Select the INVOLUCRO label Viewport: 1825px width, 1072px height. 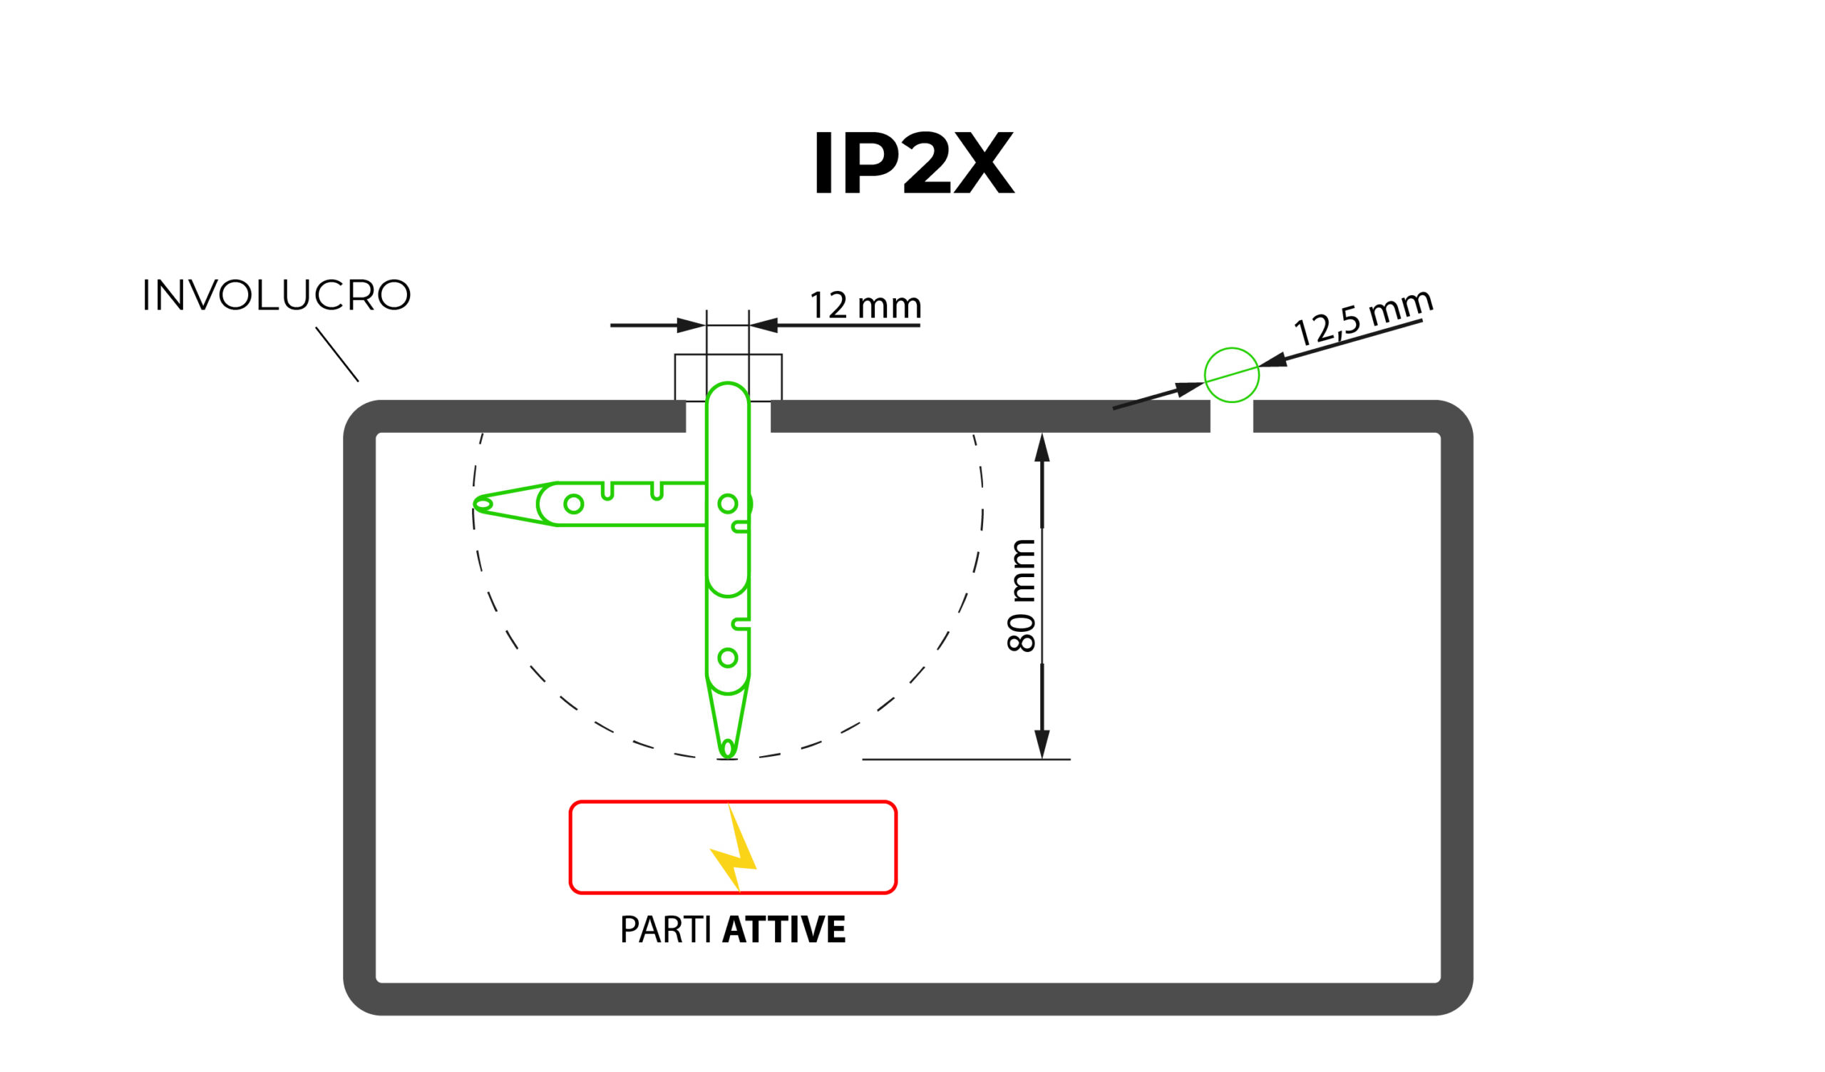pos(276,295)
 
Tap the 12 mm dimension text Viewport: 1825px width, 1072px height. pos(865,305)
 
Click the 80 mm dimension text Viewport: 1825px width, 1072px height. pos(1021,596)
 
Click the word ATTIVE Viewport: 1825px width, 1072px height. pos(784,930)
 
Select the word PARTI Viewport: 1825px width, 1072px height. pos(665,930)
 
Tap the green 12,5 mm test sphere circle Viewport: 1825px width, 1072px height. pos(1232,375)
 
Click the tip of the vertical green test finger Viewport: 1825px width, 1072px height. pos(728,754)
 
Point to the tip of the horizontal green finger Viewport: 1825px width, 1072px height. pos(480,504)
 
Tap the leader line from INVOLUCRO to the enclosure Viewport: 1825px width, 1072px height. pos(336,354)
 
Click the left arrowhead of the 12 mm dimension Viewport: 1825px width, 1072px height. pos(690,325)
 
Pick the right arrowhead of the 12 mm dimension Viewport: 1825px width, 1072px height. pos(764,325)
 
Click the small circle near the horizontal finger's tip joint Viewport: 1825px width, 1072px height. pos(574,504)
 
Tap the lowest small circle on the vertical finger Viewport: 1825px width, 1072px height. pos(728,658)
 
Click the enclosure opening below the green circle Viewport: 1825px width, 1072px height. pos(1232,417)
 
